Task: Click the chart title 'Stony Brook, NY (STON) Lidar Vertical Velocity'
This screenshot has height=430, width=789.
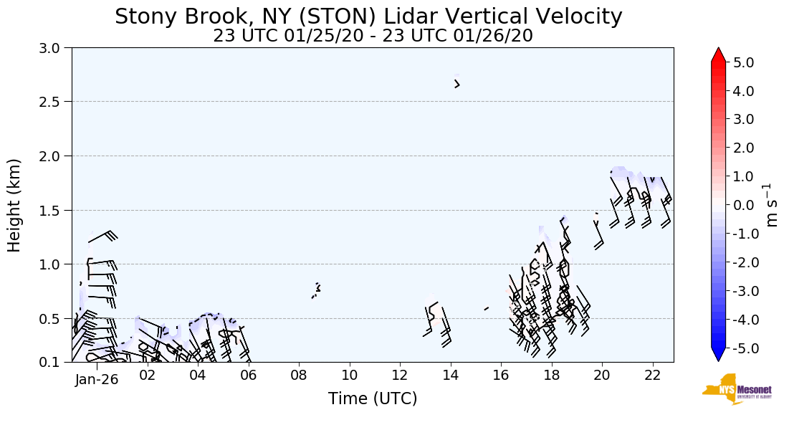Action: coord(368,16)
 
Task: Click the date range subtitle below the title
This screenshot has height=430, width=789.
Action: coord(373,35)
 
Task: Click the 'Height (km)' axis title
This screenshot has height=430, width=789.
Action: coord(15,205)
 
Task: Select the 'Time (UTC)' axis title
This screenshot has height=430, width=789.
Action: coord(373,399)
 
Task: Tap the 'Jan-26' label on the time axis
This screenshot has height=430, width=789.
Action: coord(96,380)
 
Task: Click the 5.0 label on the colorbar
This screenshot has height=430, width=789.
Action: coord(743,63)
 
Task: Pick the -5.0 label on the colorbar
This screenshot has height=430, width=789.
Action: coord(741,348)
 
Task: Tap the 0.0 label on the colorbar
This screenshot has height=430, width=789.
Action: coord(743,206)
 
